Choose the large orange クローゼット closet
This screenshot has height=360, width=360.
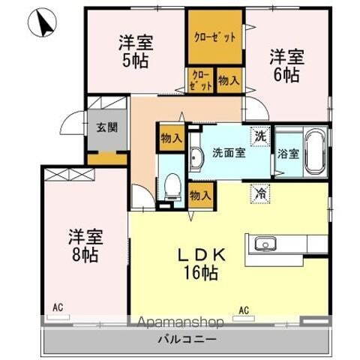coord(215,37)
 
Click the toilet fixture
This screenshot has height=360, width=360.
coord(173,185)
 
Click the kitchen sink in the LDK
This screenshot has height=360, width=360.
coord(266,243)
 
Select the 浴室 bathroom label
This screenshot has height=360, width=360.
coord(289,154)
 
